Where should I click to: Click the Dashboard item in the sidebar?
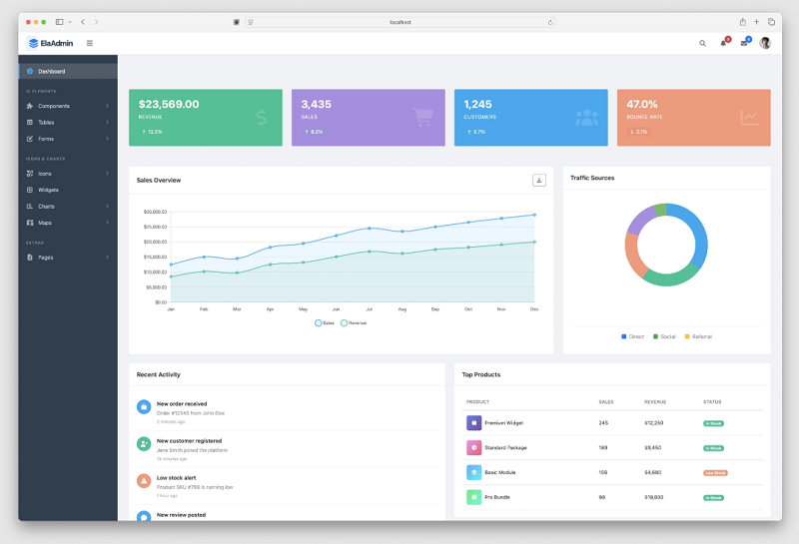click(52, 71)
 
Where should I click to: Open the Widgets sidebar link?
click(48, 190)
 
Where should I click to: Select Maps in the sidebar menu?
click(45, 223)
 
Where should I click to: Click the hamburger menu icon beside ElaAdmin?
click(90, 43)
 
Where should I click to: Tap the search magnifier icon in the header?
click(702, 43)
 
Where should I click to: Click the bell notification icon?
click(723, 43)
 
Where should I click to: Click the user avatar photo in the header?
click(765, 43)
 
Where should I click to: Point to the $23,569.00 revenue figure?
click(169, 104)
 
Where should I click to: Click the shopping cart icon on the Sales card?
click(423, 117)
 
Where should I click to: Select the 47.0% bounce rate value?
click(642, 104)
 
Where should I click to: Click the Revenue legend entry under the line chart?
click(355, 322)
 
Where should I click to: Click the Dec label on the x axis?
click(534, 309)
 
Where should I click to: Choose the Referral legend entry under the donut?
click(698, 336)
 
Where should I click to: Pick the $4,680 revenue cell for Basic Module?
click(653, 472)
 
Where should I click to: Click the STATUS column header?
click(712, 402)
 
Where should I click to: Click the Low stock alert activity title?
click(176, 477)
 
